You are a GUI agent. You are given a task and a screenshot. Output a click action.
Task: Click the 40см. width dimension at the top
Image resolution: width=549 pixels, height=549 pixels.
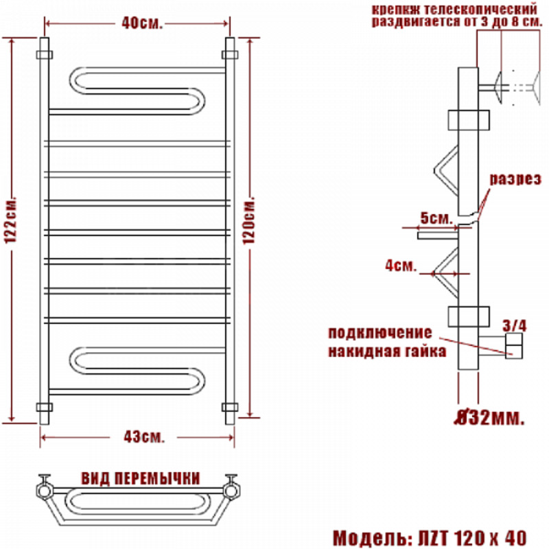(142, 23)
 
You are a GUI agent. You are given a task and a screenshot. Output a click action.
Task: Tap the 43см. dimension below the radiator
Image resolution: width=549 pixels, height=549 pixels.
(144, 436)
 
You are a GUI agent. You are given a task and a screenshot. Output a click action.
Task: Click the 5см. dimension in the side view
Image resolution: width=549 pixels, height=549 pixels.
(436, 218)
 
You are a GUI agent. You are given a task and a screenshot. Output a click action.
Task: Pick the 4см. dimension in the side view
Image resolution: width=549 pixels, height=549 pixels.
(401, 266)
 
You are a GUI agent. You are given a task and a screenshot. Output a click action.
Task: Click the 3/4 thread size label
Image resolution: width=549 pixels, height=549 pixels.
(514, 326)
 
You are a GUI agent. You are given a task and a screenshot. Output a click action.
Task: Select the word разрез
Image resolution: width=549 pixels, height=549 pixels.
(515, 179)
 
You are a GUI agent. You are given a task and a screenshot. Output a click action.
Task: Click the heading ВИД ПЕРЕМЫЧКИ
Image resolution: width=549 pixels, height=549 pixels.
(141, 478)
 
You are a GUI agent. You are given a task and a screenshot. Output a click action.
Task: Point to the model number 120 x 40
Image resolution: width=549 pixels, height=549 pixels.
(490, 537)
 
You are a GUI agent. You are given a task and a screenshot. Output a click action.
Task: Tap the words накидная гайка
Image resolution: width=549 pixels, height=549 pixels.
(387, 351)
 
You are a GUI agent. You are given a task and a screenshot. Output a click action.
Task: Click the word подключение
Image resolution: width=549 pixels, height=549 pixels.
(380, 333)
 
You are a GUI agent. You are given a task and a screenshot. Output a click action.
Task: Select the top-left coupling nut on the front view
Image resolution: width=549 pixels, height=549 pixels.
(45, 55)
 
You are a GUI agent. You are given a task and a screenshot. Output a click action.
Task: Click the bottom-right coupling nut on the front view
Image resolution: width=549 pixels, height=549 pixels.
(230, 407)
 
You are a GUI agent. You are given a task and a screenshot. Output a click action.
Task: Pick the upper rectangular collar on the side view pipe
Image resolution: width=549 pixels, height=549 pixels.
(469, 120)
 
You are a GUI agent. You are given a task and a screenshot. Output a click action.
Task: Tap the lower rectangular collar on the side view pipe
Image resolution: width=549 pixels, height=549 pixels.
(469, 316)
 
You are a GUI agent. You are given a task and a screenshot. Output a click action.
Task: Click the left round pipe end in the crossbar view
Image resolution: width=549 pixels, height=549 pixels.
(45, 491)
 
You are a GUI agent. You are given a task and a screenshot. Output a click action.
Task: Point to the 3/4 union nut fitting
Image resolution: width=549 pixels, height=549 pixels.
(513, 346)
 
